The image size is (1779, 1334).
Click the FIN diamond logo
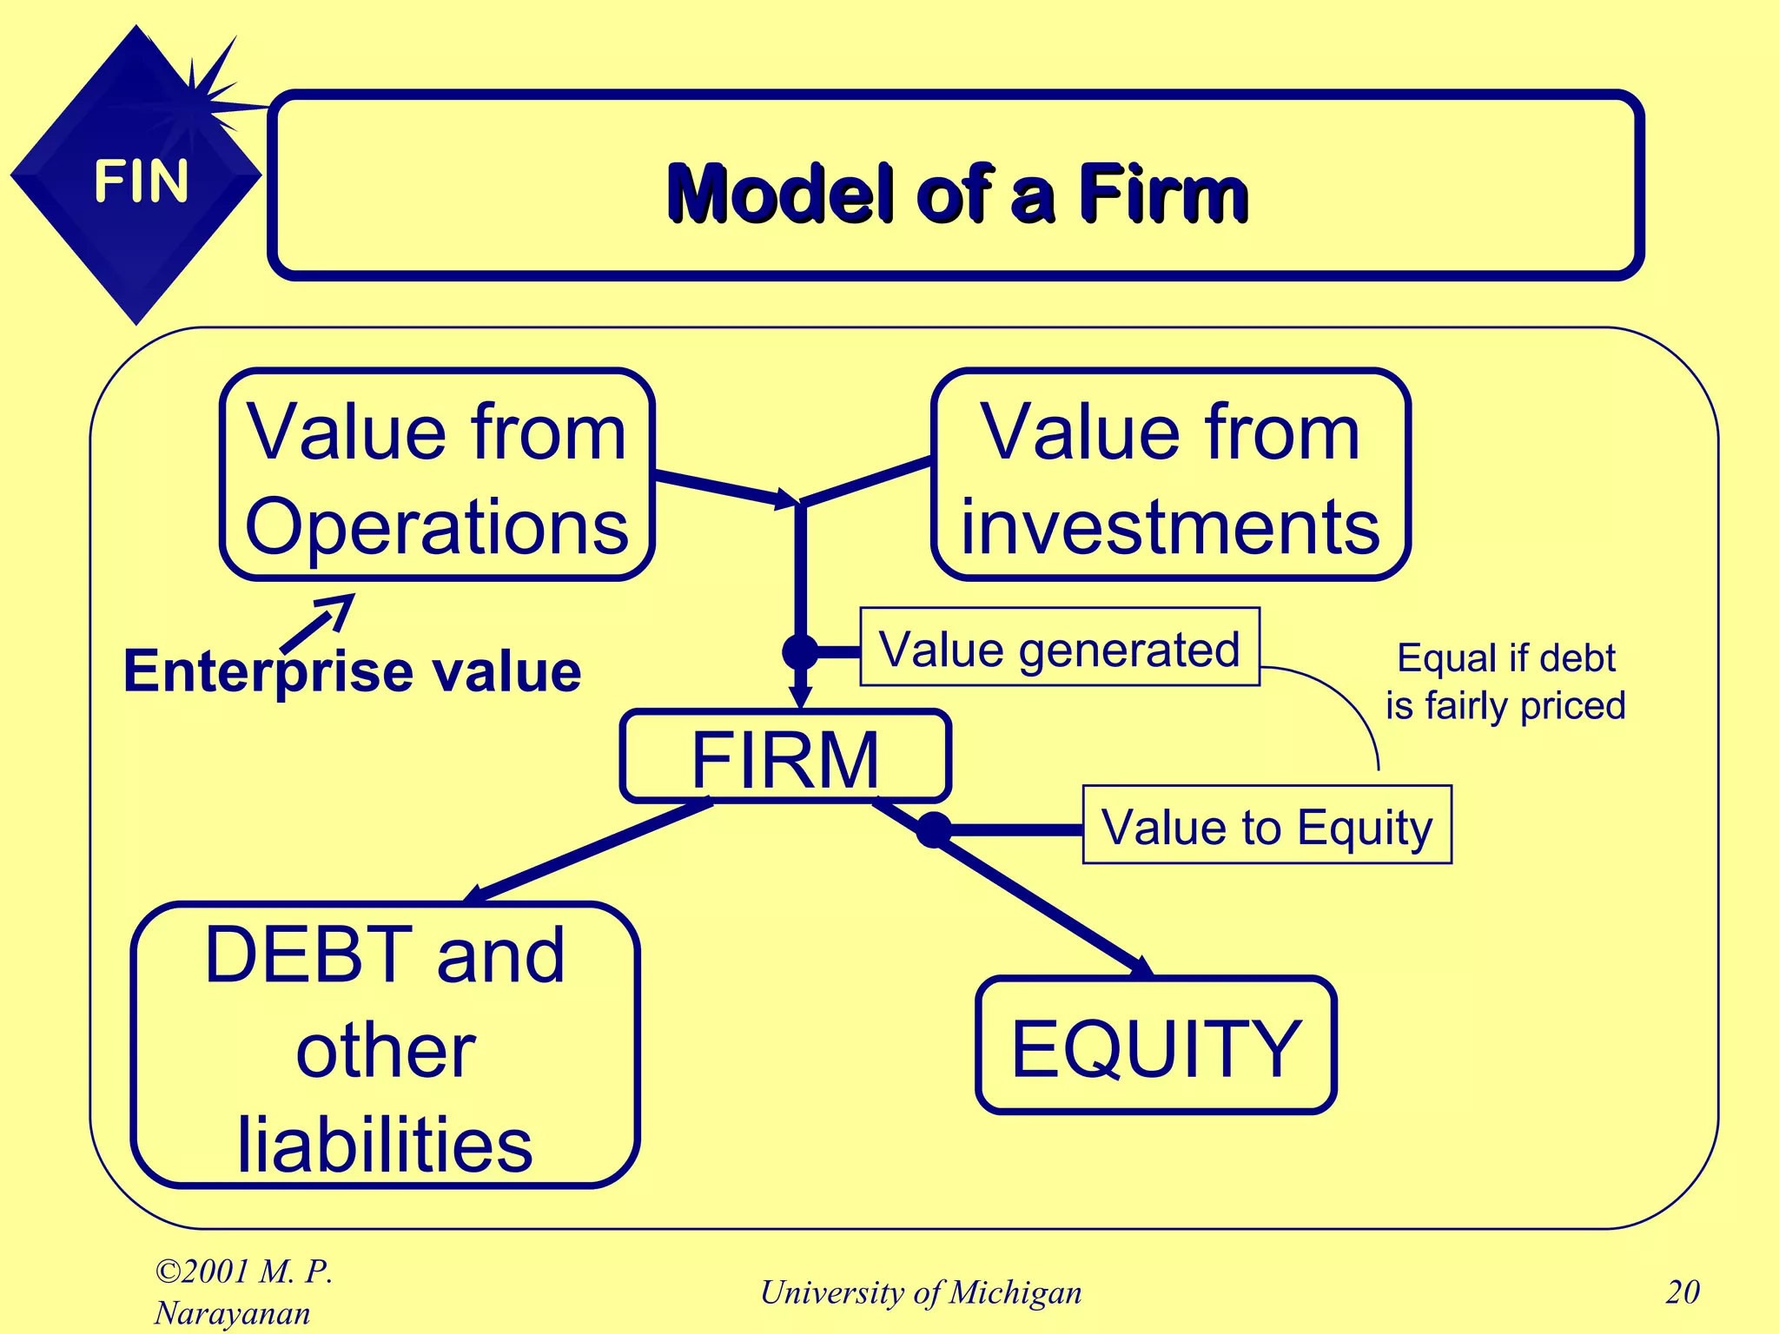point(136,178)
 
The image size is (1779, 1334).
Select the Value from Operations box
point(437,476)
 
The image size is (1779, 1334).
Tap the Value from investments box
point(1170,476)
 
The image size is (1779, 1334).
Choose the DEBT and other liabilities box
point(385,1045)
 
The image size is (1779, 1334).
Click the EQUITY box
point(1155,1046)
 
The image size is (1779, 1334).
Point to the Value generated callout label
point(1059,647)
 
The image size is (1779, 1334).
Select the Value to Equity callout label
point(1266,825)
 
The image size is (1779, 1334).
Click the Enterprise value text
point(352,671)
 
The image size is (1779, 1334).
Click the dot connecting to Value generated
point(800,651)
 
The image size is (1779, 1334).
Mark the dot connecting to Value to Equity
point(934,829)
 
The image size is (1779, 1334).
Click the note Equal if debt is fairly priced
point(1505,682)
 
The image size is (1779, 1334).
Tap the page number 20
point(1682,1292)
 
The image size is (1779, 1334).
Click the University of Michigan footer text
point(921,1292)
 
